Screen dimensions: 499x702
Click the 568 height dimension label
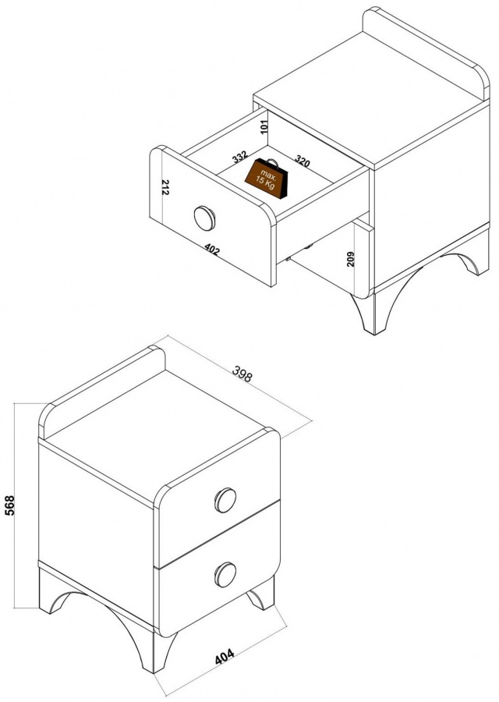tap(9, 505)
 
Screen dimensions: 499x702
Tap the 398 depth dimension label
tap(242, 374)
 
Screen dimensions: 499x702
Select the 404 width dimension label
tap(225, 656)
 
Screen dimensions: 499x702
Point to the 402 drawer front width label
tap(211, 250)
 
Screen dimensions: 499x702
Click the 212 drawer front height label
tap(165, 187)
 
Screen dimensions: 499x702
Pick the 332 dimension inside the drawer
tap(240, 157)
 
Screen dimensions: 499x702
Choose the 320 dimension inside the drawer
tap(302, 161)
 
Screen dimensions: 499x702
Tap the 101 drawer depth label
tap(264, 126)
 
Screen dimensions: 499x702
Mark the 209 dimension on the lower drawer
tap(351, 259)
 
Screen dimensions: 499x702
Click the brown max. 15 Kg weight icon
tap(267, 178)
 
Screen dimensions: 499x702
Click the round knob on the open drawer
tap(204, 218)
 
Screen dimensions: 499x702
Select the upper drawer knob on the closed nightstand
tap(225, 500)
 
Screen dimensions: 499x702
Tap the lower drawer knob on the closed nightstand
tap(225, 574)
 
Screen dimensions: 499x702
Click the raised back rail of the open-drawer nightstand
tap(426, 49)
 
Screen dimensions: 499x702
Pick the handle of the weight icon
tap(271, 162)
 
